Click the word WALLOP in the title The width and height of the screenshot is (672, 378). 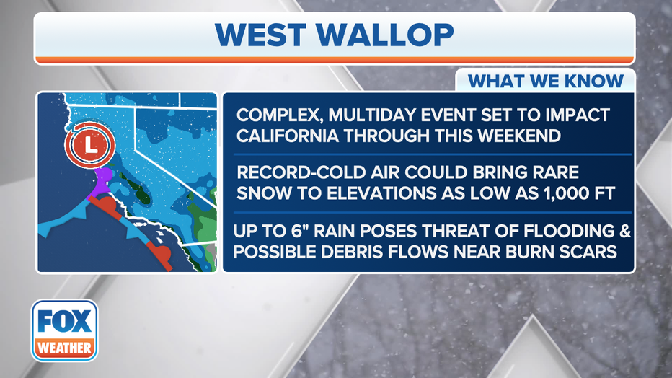point(385,35)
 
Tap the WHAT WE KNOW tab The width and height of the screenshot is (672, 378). point(545,81)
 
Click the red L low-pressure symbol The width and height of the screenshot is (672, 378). point(90,144)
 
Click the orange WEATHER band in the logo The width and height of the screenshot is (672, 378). point(64,347)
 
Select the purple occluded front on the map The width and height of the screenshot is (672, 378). point(101,183)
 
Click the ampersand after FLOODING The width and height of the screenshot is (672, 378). point(625,232)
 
